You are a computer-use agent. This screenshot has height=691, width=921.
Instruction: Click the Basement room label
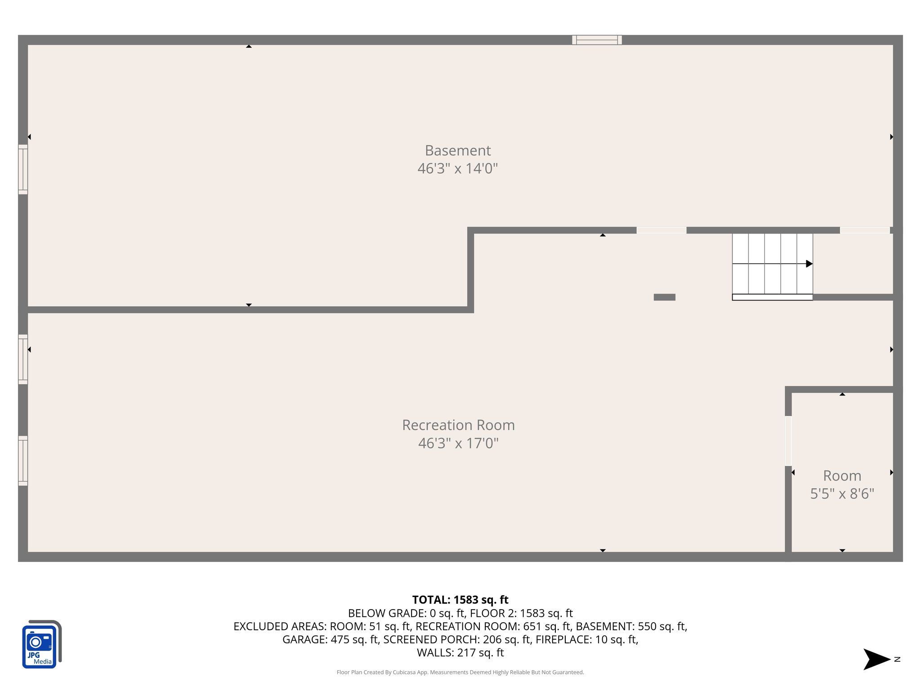pos(457,150)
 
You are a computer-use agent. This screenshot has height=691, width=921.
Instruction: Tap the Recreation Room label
pos(458,425)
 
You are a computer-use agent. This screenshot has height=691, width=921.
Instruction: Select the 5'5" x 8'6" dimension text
pos(842,494)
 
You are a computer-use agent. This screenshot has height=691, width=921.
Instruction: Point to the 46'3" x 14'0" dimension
pos(457,169)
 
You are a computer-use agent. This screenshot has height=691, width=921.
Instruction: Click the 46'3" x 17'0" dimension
pos(458,444)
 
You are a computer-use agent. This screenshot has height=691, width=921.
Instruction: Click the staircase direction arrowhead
pos(809,264)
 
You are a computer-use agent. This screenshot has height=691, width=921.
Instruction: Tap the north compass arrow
pos(876,660)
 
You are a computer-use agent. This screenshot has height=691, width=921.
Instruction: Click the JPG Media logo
pos(41,644)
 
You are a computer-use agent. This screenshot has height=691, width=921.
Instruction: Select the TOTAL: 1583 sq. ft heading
pos(460,600)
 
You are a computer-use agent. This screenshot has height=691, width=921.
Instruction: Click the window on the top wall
pos(597,40)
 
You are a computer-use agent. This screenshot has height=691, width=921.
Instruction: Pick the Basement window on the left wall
pos(23,169)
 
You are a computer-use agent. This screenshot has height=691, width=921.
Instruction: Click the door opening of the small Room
pos(788,441)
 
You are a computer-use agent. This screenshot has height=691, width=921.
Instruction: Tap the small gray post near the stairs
pos(664,297)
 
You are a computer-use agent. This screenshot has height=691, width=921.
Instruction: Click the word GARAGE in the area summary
pos(304,639)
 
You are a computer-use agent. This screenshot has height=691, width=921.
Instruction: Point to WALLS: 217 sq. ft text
pos(460,653)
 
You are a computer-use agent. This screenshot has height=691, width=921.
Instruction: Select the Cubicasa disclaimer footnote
pos(460,672)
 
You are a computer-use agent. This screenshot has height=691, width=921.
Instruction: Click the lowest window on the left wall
pos(23,461)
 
